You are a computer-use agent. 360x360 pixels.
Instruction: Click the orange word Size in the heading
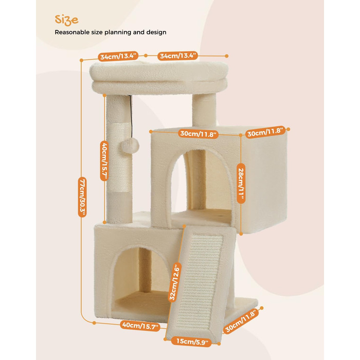coord(66,20)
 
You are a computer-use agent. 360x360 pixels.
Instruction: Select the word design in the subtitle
coord(156,32)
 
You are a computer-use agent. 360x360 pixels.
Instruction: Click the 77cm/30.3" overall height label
coord(82,197)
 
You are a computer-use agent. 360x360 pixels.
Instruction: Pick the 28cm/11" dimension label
coord(241,183)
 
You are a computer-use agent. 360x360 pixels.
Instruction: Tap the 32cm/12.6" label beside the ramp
coord(175,282)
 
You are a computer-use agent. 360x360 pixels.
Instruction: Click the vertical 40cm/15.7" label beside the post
coord(104,160)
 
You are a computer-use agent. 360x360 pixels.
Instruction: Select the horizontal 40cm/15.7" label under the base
coord(140,326)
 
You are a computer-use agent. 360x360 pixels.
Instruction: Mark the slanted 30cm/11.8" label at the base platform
coord(241,321)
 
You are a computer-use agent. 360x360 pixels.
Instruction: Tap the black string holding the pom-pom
coord(131,117)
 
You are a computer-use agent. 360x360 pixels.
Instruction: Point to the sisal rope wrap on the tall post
coord(120,157)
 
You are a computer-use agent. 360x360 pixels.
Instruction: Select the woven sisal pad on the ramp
coord(200,281)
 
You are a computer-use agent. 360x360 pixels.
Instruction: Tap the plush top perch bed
coord(159,77)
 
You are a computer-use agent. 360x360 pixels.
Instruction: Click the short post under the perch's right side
coord(204,110)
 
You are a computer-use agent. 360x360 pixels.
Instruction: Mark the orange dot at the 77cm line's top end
coord(81,60)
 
